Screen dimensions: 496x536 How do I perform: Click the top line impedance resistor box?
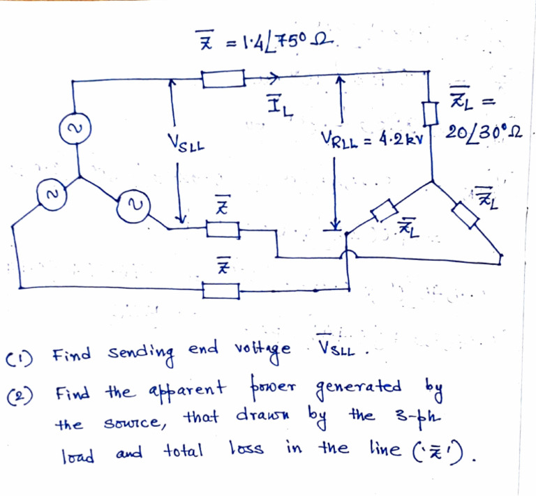coord(223,78)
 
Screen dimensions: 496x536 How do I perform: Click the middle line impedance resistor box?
coord(223,229)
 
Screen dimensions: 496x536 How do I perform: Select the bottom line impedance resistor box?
coord(223,290)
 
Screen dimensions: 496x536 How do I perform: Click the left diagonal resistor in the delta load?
coord(382,210)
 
